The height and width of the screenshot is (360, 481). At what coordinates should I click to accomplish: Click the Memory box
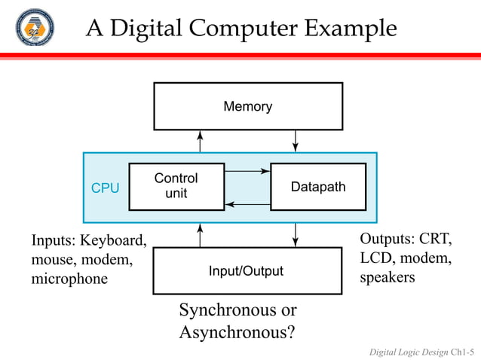248,106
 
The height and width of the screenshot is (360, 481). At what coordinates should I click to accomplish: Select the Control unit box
176,187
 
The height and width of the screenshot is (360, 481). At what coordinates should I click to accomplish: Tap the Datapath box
318,187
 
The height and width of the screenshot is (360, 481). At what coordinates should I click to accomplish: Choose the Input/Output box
247,271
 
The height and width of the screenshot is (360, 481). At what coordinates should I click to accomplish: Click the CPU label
105,188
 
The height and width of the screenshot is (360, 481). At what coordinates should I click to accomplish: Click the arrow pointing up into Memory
201,141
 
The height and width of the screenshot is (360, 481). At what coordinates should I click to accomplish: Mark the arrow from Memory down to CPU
296,141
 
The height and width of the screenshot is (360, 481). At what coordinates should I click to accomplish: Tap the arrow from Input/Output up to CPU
201,235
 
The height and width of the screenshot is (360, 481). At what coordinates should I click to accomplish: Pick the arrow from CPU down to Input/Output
296,235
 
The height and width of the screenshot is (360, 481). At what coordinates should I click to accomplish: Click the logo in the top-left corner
35,28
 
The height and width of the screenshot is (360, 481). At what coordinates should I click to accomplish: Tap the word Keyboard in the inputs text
114,241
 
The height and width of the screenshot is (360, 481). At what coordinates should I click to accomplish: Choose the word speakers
388,277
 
